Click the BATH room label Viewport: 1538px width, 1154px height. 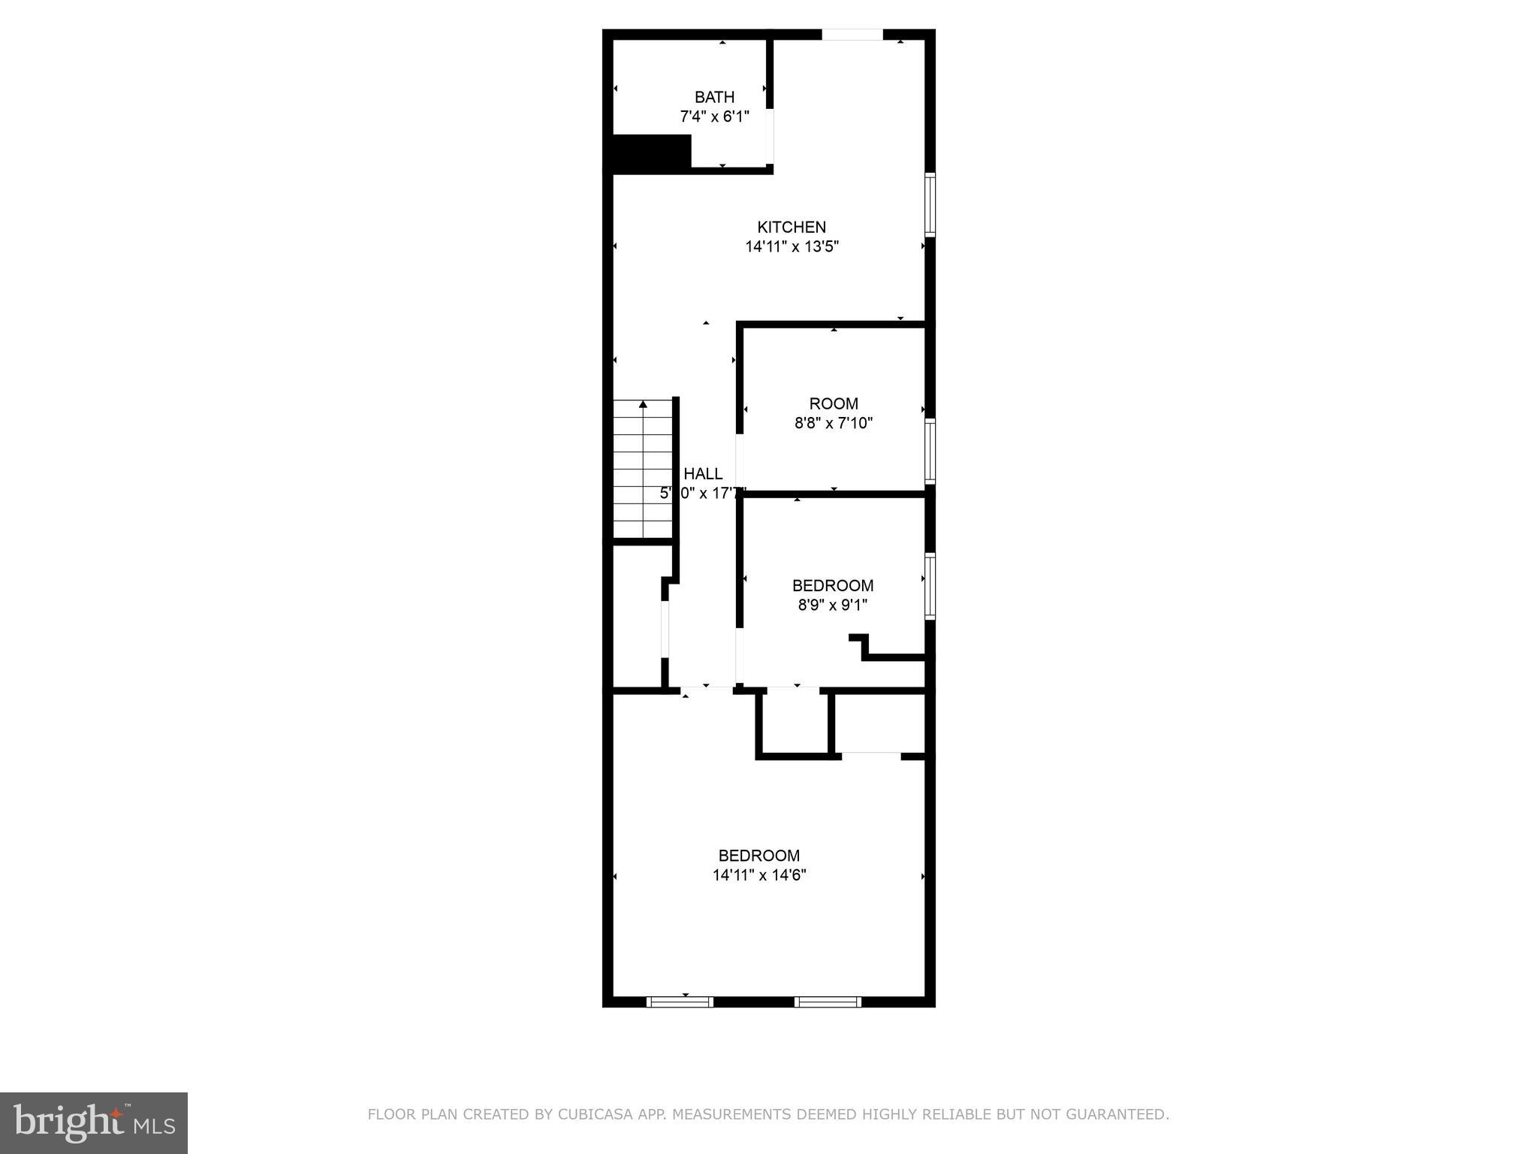(x=714, y=97)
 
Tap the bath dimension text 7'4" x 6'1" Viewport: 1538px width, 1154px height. (x=714, y=116)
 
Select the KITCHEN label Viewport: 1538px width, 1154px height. (x=792, y=227)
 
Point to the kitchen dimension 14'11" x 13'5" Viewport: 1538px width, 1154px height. (x=792, y=246)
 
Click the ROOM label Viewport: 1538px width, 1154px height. (x=834, y=403)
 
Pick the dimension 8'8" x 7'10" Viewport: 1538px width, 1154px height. (x=834, y=423)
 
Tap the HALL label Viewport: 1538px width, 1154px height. (x=703, y=473)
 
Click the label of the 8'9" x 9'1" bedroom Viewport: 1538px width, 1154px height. (x=833, y=585)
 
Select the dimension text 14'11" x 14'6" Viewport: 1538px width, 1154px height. (x=759, y=875)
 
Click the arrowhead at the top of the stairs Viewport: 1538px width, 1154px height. (x=643, y=405)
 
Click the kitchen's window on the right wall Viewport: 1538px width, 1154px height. (x=930, y=204)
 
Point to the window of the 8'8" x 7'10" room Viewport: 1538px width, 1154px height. (x=930, y=451)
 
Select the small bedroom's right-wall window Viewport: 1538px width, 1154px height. (x=930, y=586)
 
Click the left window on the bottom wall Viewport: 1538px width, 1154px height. (x=680, y=1001)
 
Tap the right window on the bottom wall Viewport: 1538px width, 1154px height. (x=828, y=1001)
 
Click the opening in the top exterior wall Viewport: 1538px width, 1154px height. (x=852, y=35)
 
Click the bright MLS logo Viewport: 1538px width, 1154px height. (x=94, y=1122)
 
